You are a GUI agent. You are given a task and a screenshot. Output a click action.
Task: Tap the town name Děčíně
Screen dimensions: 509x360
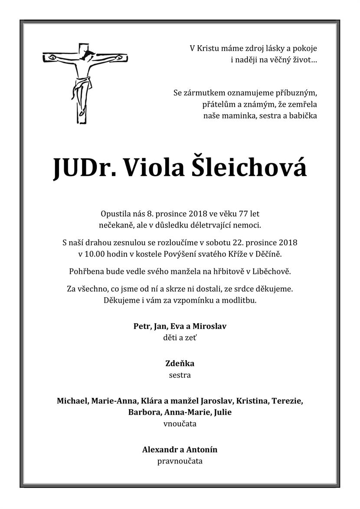[x=275, y=253]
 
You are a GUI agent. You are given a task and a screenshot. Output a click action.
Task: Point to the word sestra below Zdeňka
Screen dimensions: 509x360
[x=180, y=375]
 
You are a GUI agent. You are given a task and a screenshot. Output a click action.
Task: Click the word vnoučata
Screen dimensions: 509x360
[x=180, y=424]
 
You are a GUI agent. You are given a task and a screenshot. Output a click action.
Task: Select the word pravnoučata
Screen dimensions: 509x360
[x=180, y=461]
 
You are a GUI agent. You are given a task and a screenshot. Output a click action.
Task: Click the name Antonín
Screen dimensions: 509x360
[x=202, y=450]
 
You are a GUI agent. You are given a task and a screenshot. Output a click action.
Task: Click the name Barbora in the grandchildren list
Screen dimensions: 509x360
[x=144, y=412]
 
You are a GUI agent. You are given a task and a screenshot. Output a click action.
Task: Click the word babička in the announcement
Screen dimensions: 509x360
[x=303, y=115]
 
